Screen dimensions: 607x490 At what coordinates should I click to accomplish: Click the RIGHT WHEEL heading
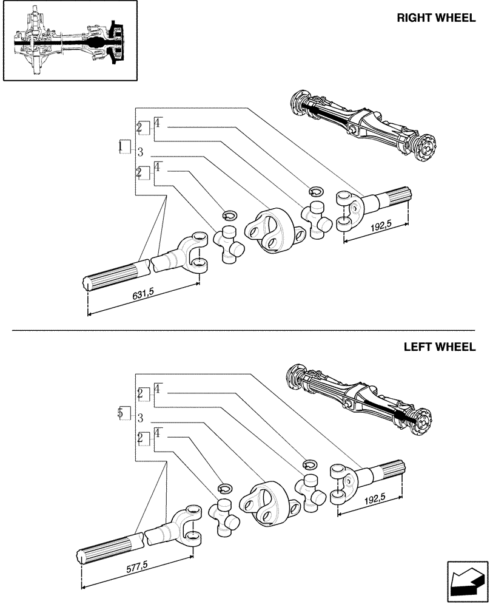click(435, 18)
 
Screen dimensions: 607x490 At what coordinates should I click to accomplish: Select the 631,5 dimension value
click(144, 296)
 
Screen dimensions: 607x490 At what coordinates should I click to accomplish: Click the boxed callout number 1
click(124, 146)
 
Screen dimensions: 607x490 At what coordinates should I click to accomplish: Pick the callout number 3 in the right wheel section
click(140, 151)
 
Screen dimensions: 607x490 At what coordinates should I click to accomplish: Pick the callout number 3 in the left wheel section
click(140, 418)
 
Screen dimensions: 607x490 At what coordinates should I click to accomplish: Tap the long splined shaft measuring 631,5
click(121, 275)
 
